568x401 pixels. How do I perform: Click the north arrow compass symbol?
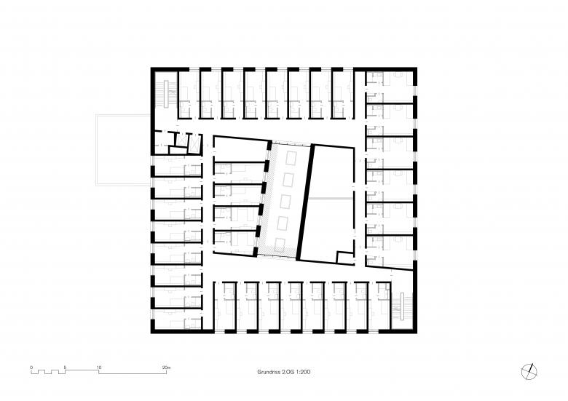click(x=529, y=372)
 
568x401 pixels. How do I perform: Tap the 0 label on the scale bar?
click(x=31, y=368)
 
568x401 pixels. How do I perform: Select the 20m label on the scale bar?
click(x=166, y=368)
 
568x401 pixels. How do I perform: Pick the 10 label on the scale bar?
click(x=99, y=368)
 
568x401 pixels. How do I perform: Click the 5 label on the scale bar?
click(x=65, y=368)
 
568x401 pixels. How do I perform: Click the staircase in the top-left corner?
click(x=167, y=94)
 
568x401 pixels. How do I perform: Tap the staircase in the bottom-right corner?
click(x=402, y=306)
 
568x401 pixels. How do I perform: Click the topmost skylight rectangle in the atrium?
click(x=291, y=158)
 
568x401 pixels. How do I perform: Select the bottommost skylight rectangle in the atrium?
click(x=280, y=246)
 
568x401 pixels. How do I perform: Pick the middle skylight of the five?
click(x=285, y=202)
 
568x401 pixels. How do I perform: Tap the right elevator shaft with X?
click(x=194, y=142)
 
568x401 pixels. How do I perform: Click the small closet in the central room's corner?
click(x=344, y=258)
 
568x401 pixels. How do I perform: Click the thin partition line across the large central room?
click(x=329, y=199)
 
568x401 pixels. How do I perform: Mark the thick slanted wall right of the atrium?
click(x=305, y=202)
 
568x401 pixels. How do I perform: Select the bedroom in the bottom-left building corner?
click(x=176, y=319)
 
